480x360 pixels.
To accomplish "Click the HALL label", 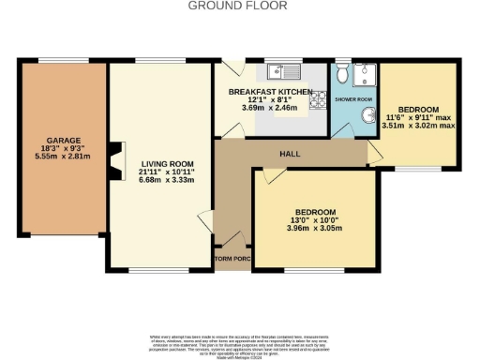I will coord(290,152).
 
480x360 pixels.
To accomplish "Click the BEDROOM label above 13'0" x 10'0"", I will coord(316,213).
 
